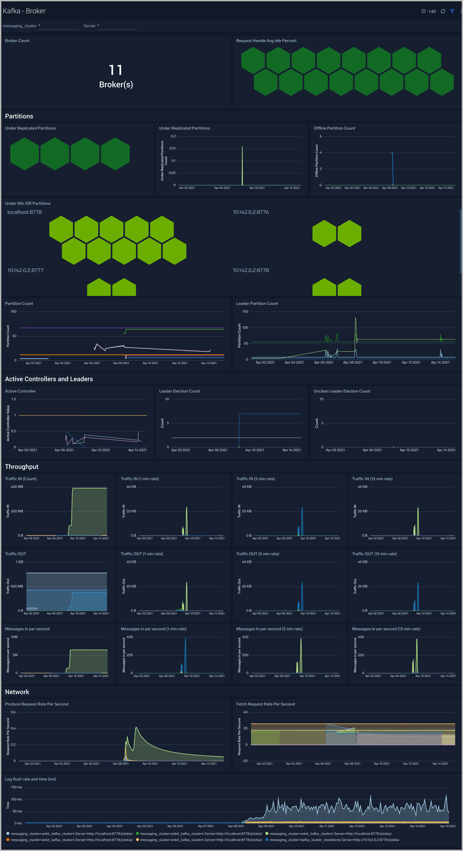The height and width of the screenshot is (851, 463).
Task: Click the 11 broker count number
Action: pyautogui.click(x=116, y=70)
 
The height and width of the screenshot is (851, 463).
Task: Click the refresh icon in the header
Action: pyautogui.click(x=443, y=11)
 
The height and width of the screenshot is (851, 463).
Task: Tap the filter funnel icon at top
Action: pyautogui.click(x=452, y=11)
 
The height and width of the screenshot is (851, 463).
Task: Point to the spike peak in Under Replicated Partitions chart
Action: pyautogui.click(x=242, y=147)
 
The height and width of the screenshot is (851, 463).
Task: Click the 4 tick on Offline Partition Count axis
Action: pyautogui.click(x=320, y=153)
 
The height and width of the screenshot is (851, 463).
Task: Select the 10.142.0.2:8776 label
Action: pyautogui.click(x=251, y=212)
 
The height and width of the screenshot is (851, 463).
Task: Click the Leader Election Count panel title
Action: pyautogui.click(x=179, y=391)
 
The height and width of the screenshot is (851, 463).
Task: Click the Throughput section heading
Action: pyautogui.click(x=22, y=466)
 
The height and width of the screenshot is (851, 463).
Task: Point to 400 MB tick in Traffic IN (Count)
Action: pyautogui.click(x=17, y=487)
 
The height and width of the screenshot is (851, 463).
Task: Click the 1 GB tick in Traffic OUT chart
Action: pyautogui.click(x=20, y=562)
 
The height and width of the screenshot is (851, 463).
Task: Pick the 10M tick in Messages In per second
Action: pyautogui.click(x=14, y=637)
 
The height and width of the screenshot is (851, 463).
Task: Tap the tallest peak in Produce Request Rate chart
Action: pyautogui.click(x=136, y=727)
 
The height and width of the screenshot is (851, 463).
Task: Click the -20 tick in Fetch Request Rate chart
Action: pyautogui.click(x=245, y=761)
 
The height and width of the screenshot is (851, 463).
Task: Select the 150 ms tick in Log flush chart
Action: pyautogui.click(x=16, y=787)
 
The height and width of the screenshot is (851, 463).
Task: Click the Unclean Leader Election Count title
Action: pyautogui.click(x=342, y=391)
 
